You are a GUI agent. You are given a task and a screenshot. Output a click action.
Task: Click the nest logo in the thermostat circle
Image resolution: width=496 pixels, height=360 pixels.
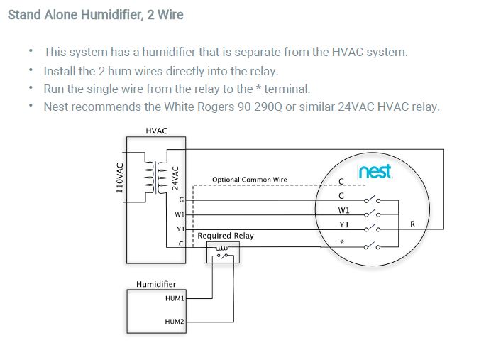pos(375,172)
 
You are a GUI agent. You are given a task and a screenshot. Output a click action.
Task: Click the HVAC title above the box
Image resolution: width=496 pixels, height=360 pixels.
pos(156,131)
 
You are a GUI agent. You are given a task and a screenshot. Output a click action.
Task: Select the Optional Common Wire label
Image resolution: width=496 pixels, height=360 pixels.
pos(249,180)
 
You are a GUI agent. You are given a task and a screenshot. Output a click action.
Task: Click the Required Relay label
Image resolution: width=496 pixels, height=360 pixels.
pos(225,235)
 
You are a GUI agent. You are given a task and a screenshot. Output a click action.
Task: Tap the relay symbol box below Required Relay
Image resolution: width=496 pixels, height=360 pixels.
pos(223,252)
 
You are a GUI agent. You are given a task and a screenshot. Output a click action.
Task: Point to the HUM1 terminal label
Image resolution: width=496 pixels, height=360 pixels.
pos(174,299)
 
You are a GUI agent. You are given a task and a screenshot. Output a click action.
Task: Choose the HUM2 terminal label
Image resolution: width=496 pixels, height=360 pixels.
pos(174,322)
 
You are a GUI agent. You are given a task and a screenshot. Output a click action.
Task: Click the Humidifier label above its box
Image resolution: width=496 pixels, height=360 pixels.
pos(155,284)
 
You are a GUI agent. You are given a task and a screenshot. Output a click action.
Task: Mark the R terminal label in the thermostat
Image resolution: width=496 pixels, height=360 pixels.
pos(412,224)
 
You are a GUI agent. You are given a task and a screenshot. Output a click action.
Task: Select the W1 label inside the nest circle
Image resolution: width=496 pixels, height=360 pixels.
pos(343,211)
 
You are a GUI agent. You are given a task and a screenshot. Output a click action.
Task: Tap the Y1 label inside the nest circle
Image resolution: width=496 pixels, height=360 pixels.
pos(343,224)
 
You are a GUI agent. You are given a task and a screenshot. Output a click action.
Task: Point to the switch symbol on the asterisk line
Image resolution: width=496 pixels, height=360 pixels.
pos(371,246)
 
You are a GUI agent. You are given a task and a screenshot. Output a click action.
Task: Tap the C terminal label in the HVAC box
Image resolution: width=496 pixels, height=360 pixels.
pos(181,244)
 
